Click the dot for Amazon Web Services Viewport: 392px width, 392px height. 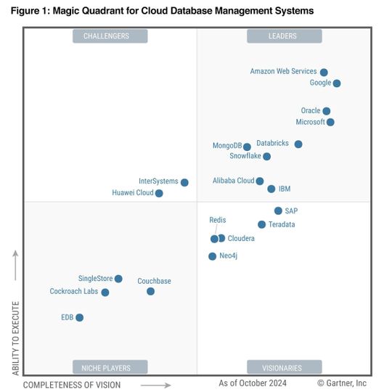tap(324, 73)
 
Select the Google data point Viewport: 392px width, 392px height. tap(337, 83)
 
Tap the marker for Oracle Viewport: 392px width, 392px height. tap(327, 111)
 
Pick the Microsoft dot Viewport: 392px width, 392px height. tap(331, 122)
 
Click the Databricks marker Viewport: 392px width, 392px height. tap(298, 144)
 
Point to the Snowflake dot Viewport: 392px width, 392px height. tap(267, 156)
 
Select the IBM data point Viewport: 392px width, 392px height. tap(271, 189)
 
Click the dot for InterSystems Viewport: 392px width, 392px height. tap(184, 182)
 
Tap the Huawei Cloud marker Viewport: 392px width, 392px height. tap(159, 193)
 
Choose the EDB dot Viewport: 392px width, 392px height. tap(79, 317)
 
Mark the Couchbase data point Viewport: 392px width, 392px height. tap(150, 291)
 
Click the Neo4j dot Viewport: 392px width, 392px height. tap(212, 256)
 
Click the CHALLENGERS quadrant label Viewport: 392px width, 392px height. tap(110, 36)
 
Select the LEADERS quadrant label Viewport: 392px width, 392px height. tap(283, 36)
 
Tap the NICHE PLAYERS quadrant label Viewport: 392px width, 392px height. tap(110, 367)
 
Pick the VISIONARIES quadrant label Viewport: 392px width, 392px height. tap(283, 367)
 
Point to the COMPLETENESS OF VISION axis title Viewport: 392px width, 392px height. tap(72, 385)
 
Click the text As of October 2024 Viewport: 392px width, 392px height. tap(253, 383)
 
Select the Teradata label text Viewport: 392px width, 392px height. tap(282, 225)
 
